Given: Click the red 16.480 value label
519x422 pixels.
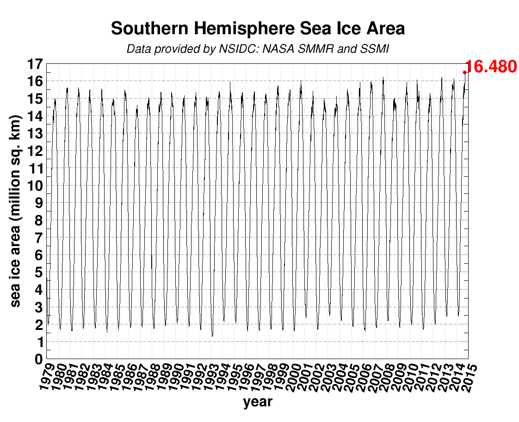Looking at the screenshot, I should (x=490, y=67).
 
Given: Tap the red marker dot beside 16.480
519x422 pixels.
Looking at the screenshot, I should (x=464, y=72).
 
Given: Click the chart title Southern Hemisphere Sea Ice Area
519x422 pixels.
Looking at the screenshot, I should (x=258, y=29).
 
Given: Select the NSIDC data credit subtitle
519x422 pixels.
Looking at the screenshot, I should (x=258, y=49).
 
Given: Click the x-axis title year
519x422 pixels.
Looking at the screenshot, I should (x=258, y=402).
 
